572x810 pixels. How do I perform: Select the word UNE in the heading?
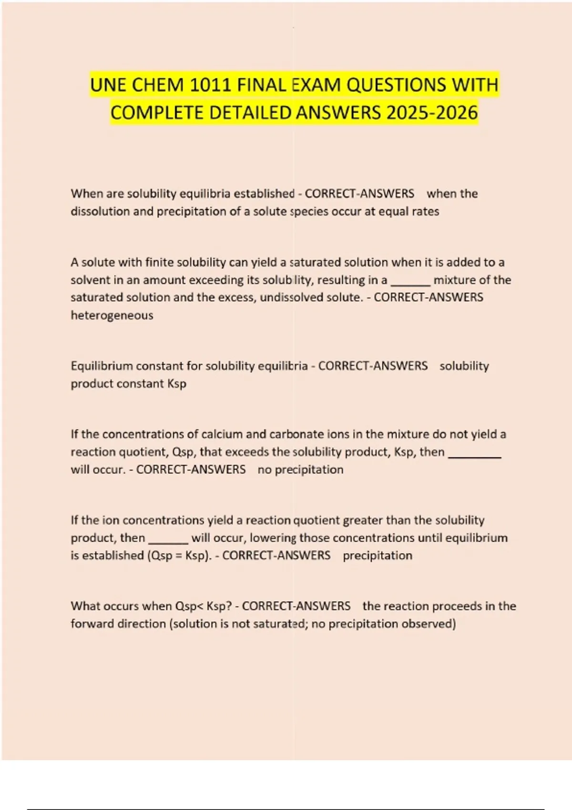[x=108, y=85]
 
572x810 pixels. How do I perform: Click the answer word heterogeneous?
[x=112, y=315]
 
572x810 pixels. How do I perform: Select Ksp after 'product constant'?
[x=177, y=384]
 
